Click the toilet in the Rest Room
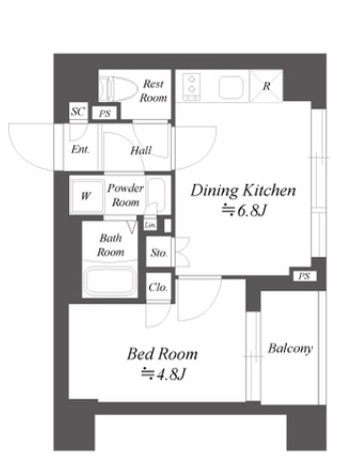tap(119, 89)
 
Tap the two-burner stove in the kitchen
tap(191, 87)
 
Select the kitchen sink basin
tap(231, 87)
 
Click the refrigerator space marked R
tap(266, 86)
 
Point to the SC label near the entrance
tap(78, 111)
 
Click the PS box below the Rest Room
tap(104, 114)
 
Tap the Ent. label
tap(80, 149)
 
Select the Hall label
tap(141, 151)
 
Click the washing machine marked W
tap(86, 196)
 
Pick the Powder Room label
tap(125, 195)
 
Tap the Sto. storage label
tap(159, 253)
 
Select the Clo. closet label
tap(158, 287)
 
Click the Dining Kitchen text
tap(243, 191)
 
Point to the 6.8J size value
tap(244, 211)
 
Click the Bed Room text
tap(162, 354)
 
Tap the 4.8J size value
tap(163, 375)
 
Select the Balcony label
tap(290, 349)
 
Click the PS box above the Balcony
tap(304, 276)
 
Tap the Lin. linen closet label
tap(150, 226)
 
